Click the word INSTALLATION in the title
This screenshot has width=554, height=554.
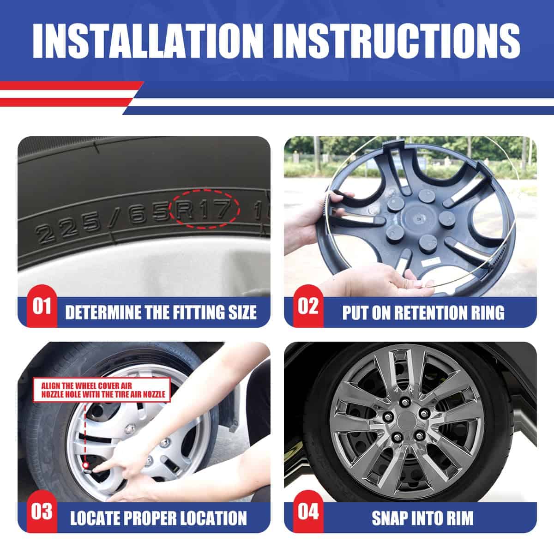point(147,41)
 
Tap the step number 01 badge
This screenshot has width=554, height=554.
point(42,306)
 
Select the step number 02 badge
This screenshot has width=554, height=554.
point(308,306)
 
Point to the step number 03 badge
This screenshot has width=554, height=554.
point(42,512)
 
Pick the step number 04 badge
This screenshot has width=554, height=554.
point(308,512)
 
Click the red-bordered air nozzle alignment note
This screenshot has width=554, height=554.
point(102,390)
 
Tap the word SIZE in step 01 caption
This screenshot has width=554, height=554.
point(242,313)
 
